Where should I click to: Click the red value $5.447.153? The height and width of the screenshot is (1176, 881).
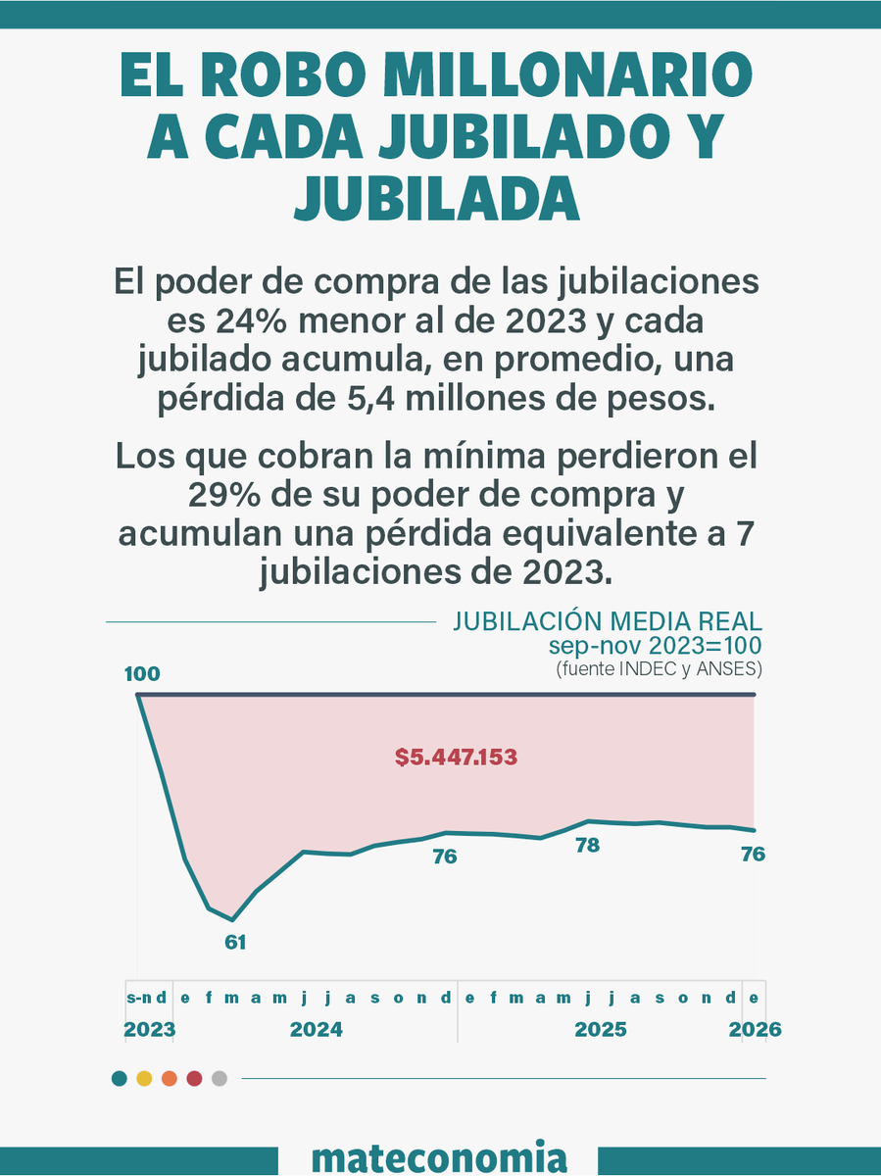[456, 758]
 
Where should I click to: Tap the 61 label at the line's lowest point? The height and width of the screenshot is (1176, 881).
[235, 943]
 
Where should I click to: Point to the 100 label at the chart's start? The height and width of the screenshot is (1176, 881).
[142, 674]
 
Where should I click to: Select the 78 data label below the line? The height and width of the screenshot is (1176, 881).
[587, 845]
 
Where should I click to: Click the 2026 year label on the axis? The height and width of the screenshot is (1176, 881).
[755, 1030]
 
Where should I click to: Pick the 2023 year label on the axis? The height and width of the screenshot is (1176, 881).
[150, 1030]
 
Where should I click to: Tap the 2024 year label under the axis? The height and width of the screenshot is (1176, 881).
[317, 1030]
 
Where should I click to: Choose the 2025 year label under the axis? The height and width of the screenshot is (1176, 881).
[601, 1030]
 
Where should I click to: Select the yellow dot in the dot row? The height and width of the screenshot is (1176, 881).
[144, 1079]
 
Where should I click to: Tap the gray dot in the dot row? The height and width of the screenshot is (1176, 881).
[220, 1079]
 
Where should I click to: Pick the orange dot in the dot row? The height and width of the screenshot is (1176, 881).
[169, 1079]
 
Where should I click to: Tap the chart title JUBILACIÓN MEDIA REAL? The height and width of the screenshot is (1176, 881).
[607, 622]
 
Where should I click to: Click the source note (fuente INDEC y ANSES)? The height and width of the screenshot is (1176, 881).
[659, 669]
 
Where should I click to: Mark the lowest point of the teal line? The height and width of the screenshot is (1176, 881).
[232, 920]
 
